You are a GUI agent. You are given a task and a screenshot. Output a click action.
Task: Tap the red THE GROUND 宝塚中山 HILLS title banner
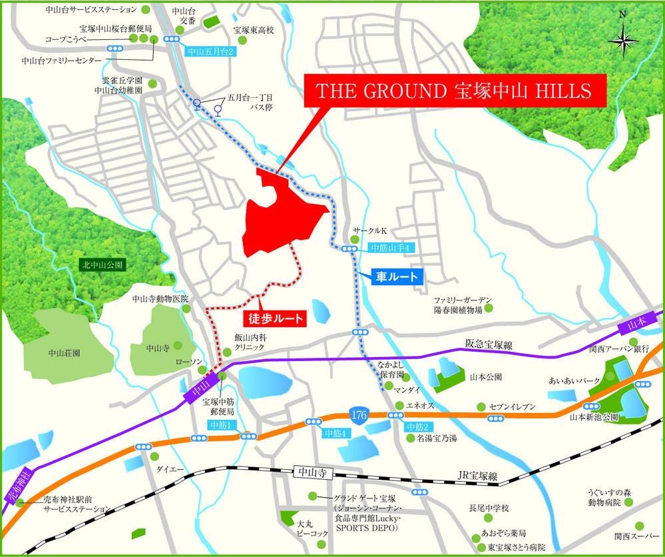(x=456, y=91)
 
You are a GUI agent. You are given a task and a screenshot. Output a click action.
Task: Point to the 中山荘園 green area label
(x=65, y=352)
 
